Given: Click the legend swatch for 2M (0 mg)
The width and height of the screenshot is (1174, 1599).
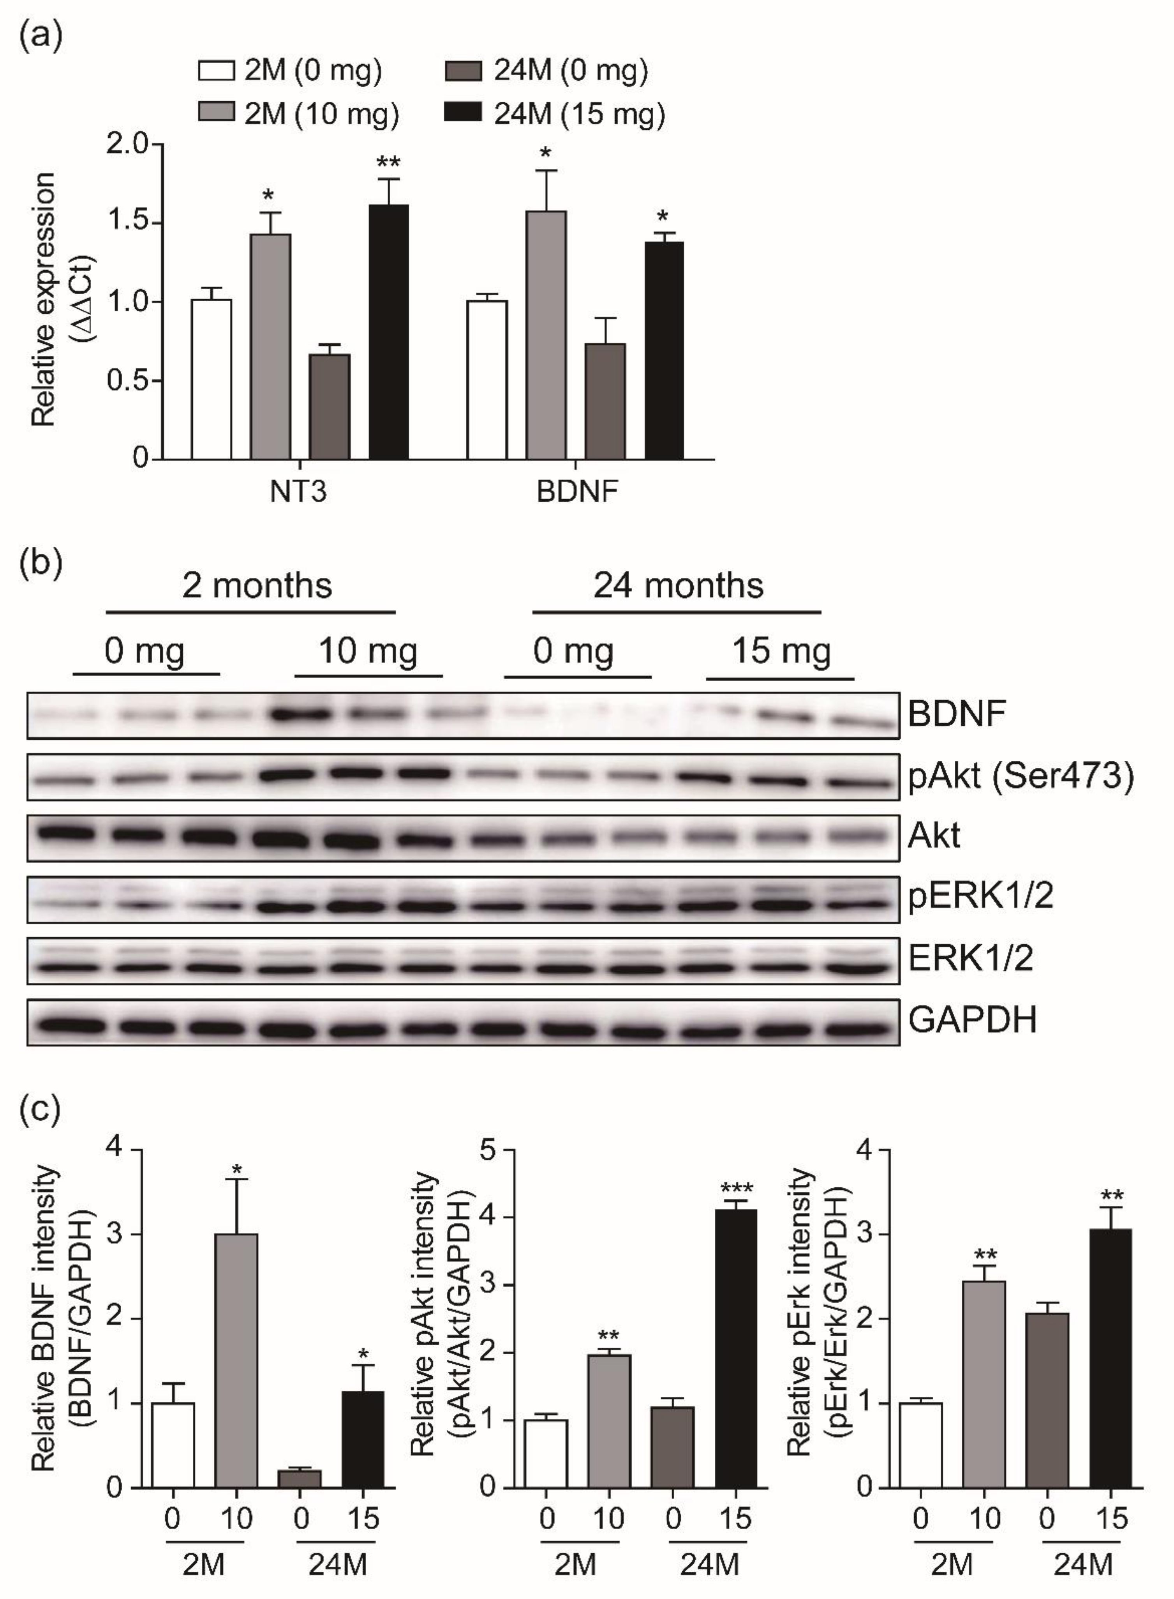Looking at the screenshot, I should pos(216,71).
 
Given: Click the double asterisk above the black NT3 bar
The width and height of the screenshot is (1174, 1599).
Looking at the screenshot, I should pos(388,162).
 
